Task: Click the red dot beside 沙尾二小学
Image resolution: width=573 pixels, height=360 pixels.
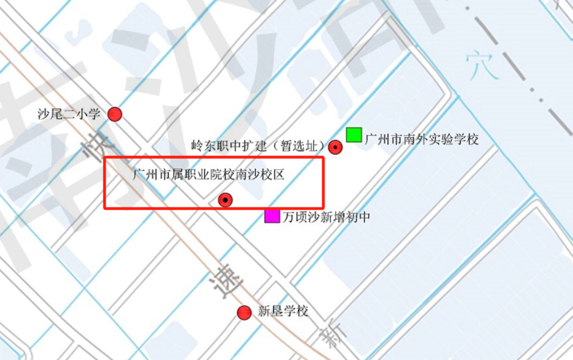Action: pos(115,114)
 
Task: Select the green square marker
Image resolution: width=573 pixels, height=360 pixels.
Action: pos(354,135)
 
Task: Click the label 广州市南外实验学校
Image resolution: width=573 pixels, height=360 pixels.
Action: pos(422,139)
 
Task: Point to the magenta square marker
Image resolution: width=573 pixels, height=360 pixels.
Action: pos(272,216)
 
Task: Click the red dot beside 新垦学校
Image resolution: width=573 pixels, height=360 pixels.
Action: pos(245,313)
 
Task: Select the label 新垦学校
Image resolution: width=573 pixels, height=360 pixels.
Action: pos(283,311)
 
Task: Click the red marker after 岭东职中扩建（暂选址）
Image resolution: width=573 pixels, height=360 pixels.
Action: pos(336,147)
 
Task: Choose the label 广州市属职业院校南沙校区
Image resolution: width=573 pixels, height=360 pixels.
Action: pos(209,174)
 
